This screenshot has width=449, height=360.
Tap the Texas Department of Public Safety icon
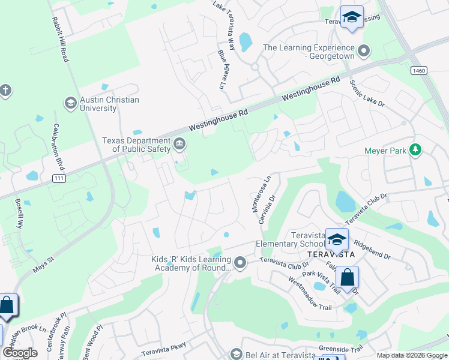point(179,144)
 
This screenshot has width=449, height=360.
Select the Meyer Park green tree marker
point(415,151)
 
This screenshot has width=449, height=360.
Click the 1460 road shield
point(419,71)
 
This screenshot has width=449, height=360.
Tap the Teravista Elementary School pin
point(337,239)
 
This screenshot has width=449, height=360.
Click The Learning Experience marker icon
point(363,52)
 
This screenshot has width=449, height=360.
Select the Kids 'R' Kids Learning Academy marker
point(240,263)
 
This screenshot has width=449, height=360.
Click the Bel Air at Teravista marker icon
point(236,355)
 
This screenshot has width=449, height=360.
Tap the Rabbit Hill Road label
point(61,38)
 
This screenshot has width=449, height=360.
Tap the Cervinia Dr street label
point(266,209)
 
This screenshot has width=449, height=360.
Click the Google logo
point(20,352)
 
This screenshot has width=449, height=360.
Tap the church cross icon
point(5,91)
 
